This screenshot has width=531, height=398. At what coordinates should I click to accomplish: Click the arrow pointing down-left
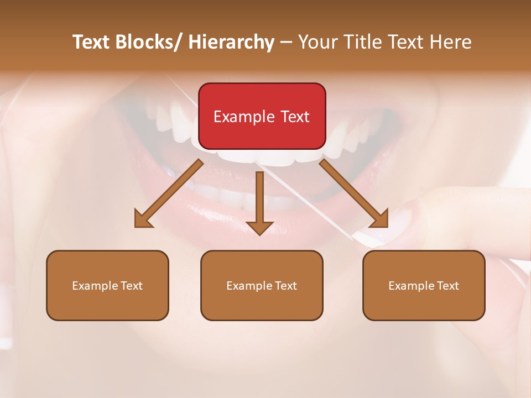coord(169,193)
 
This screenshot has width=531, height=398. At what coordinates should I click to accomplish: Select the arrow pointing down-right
coord(354,193)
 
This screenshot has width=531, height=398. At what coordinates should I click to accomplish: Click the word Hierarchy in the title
coord(231,43)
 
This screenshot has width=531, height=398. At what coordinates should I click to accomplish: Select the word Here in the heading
coord(451,43)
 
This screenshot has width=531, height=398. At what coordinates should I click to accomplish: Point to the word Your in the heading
coord(316,43)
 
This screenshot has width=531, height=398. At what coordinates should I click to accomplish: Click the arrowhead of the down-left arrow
coord(143,220)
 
